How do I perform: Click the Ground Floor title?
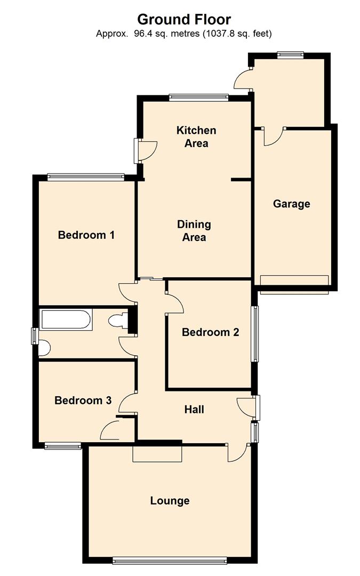click(184, 20)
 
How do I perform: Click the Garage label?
click(291, 204)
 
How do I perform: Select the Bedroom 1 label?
click(86, 235)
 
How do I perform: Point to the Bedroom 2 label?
click(210, 332)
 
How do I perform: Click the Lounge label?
click(170, 501)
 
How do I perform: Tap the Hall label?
click(194, 410)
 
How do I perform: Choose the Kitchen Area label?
click(196, 137)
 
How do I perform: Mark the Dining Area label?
click(194, 230)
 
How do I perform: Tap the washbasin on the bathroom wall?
click(45, 349)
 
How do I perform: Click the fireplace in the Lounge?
click(157, 454)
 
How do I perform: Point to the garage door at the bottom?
click(294, 282)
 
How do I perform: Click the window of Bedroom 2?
click(255, 333)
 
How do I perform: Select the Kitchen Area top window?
click(199, 97)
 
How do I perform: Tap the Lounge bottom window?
click(170, 560)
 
